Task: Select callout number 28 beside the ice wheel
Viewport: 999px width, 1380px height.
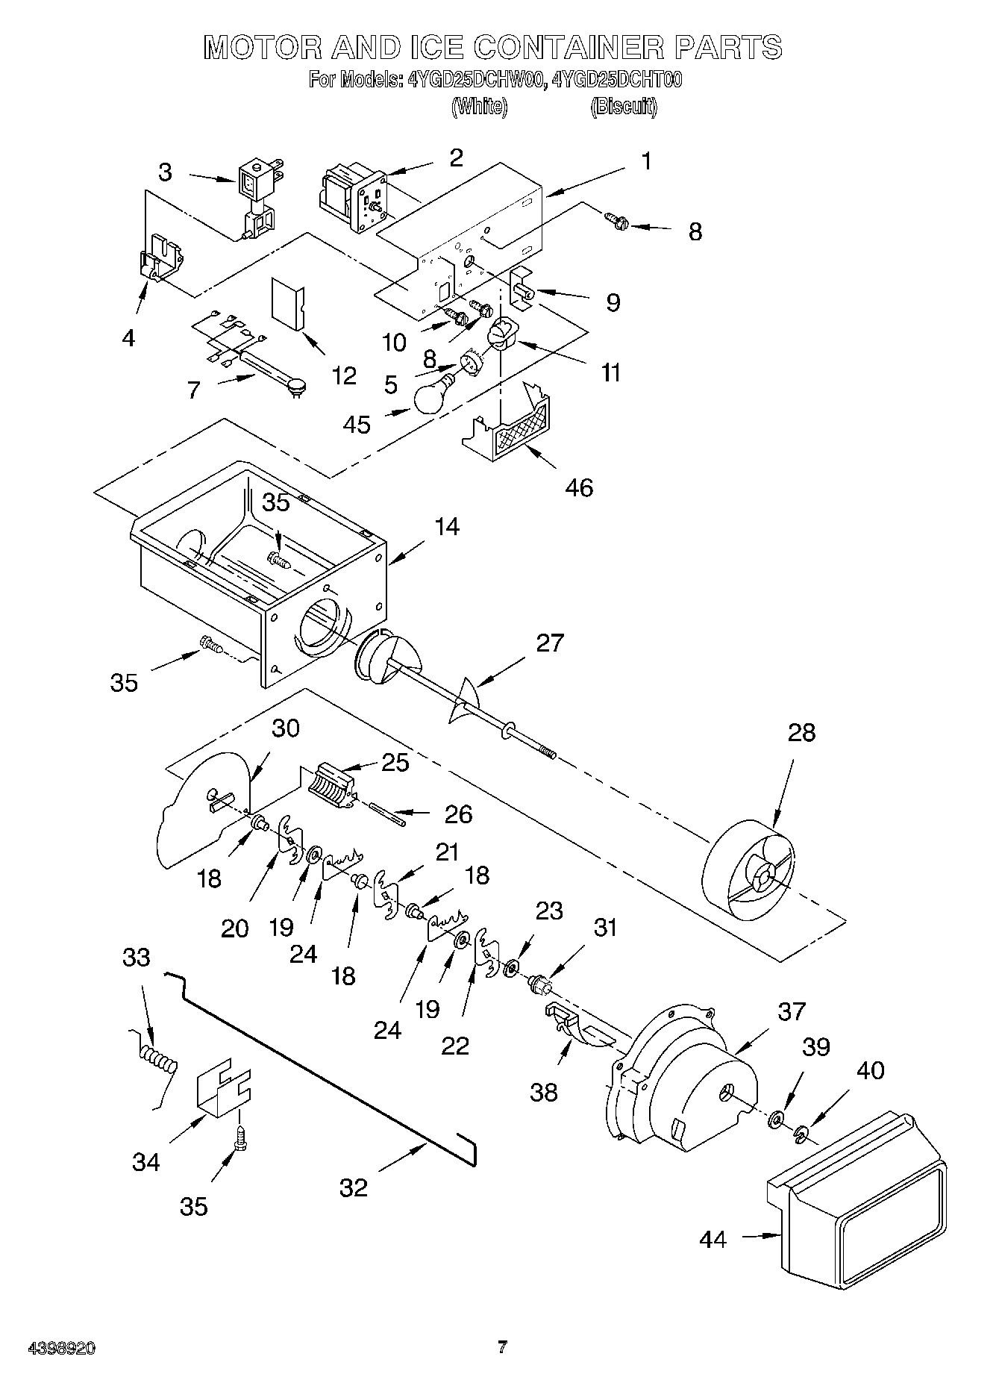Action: [801, 732]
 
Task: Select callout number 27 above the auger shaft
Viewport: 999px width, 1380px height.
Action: [550, 643]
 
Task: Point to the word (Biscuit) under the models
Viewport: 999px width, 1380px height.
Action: [624, 107]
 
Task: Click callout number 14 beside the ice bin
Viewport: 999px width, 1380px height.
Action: [446, 527]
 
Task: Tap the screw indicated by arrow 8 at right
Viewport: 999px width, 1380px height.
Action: [618, 220]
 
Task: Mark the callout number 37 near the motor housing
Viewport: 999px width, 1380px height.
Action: [791, 1011]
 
